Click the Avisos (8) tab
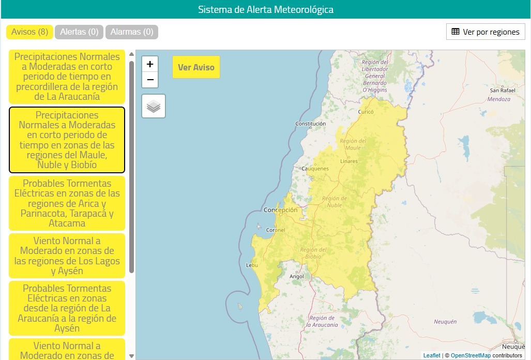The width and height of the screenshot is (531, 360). [29, 32]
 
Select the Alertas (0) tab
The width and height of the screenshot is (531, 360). [79, 32]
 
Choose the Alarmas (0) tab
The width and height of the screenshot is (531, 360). [132, 32]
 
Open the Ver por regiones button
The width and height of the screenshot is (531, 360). [486, 32]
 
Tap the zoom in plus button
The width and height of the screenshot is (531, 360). [150, 64]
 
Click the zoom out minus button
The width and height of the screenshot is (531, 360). [150, 80]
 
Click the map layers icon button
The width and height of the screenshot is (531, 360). [154, 106]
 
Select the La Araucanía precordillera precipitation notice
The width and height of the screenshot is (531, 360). [67, 77]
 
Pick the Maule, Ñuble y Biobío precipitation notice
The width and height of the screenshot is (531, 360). [67, 140]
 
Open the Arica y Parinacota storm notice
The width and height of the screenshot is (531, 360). [67, 203]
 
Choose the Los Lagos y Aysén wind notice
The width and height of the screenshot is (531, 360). [67, 256]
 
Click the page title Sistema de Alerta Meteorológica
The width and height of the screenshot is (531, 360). [266, 9]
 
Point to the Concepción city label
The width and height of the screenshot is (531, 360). [281, 210]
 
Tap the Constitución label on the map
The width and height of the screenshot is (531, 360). [310, 124]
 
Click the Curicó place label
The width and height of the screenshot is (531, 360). [366, 112]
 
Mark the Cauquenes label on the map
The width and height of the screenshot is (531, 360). [315, 169]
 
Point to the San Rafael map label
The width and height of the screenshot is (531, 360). [503, 91]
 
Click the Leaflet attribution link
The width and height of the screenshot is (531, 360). [432, 355]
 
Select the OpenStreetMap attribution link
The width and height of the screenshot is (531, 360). [471, 355]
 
